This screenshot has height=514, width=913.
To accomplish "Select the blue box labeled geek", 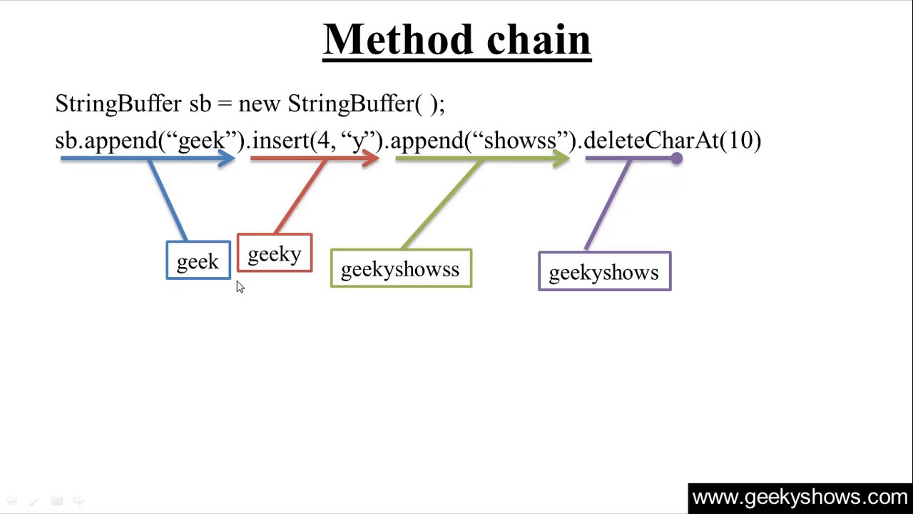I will [198, 261].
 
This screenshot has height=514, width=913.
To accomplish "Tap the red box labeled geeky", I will [275, 254].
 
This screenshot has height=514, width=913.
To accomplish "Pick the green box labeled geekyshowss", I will [401, 269].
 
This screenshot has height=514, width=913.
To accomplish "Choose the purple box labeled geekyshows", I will [604, 272].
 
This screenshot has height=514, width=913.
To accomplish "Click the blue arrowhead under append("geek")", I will [227, 158].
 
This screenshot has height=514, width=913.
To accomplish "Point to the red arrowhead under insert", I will [370, 158].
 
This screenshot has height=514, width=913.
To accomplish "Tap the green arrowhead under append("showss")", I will [561, 158].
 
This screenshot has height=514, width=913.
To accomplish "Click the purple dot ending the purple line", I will [676, 158].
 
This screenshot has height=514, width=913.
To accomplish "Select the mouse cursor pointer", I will [240, 286].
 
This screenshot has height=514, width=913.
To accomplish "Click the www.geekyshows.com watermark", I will [800, 497].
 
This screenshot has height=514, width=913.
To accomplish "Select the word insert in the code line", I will [280, 140].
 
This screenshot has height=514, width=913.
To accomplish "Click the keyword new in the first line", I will [259, 104].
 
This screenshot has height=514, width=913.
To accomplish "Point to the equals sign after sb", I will [225, 104].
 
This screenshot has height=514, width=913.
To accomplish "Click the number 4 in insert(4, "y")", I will [323, 140].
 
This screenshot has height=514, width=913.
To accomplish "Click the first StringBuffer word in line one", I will [118, 104].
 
